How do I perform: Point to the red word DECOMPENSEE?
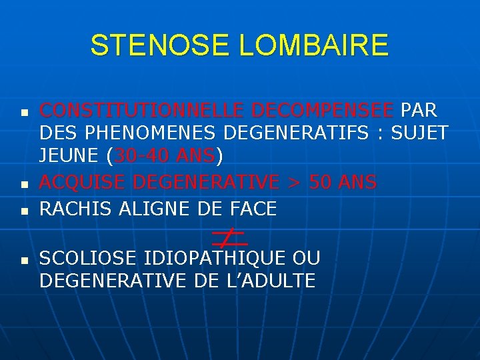pyautogui.click(x=321, y=109)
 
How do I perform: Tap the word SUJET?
pyautogui.click(x=419, y=133)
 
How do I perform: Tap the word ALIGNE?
pyautogui.click(x=155, y=209)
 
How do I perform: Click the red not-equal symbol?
pyautogui.click(x=228, y=237)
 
